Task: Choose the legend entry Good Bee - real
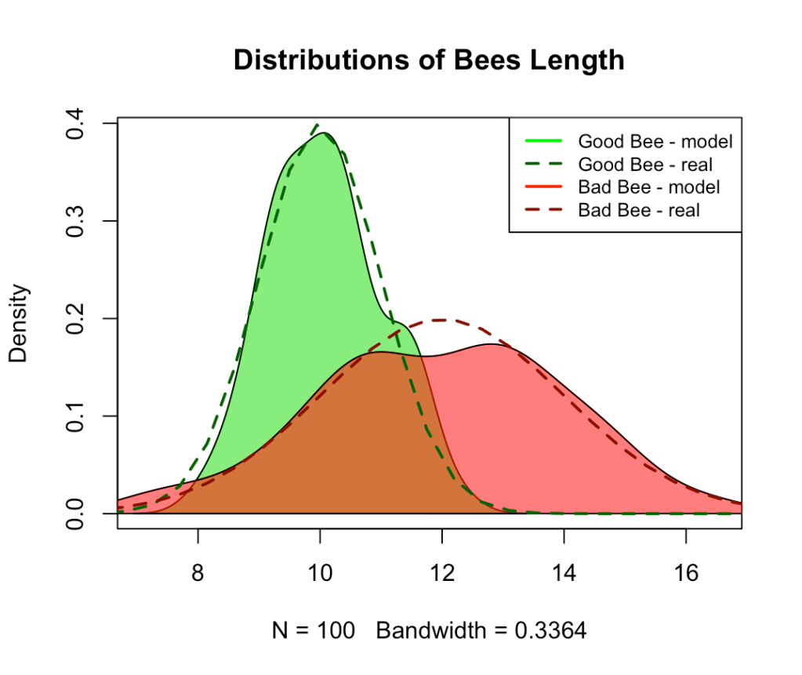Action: tap(644, 165)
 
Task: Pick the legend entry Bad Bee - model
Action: tap(648, 187)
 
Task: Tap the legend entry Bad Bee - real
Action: tap(638, 210)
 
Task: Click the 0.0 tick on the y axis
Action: tap(76, 514)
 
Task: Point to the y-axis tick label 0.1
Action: tap(76, 416)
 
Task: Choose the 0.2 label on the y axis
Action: tap(76, 318)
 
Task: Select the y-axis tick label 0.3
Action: tap(76, 221)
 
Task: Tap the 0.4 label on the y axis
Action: tap(76, 124)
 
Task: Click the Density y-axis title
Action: tap(19, 322)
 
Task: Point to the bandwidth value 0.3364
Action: tap(553, 630)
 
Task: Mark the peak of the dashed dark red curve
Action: tap(441, 320)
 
